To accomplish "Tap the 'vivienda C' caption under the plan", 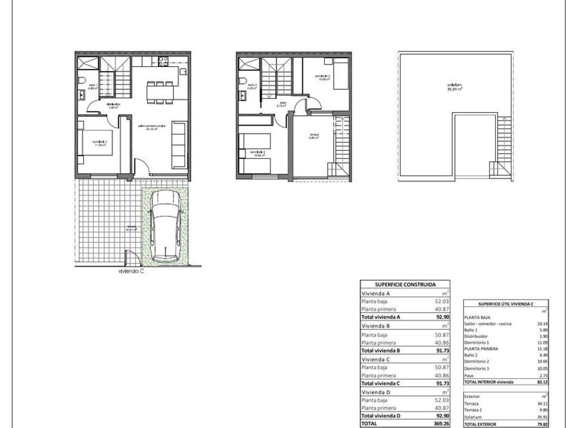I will [130, 272].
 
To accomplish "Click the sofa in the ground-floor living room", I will [178, 142].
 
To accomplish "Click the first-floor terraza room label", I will [314, 137].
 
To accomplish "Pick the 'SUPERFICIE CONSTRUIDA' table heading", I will [404, 285].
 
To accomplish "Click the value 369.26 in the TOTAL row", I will [441, 423].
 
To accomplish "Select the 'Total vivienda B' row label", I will [381, 350].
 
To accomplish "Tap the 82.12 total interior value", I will [541, 382].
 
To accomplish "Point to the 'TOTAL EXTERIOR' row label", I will [483, 423].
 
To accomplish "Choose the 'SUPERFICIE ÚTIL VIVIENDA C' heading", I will [506, 303].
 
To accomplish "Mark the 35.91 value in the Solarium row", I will [541, 416].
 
